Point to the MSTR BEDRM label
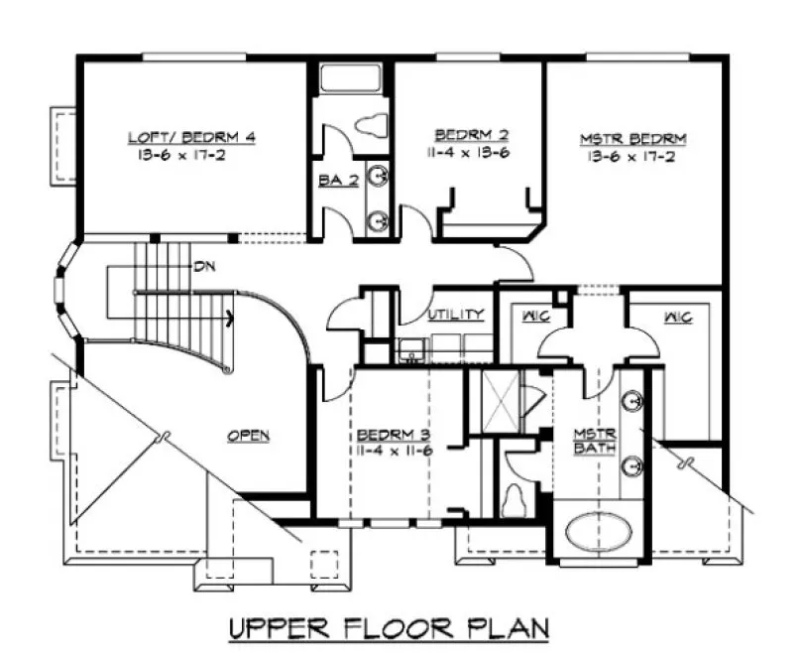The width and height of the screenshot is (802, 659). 632,138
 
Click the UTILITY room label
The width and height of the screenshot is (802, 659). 456,315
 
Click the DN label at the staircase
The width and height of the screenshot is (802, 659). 205,266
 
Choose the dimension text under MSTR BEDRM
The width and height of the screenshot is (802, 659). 632,156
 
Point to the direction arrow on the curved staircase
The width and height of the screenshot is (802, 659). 229,319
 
